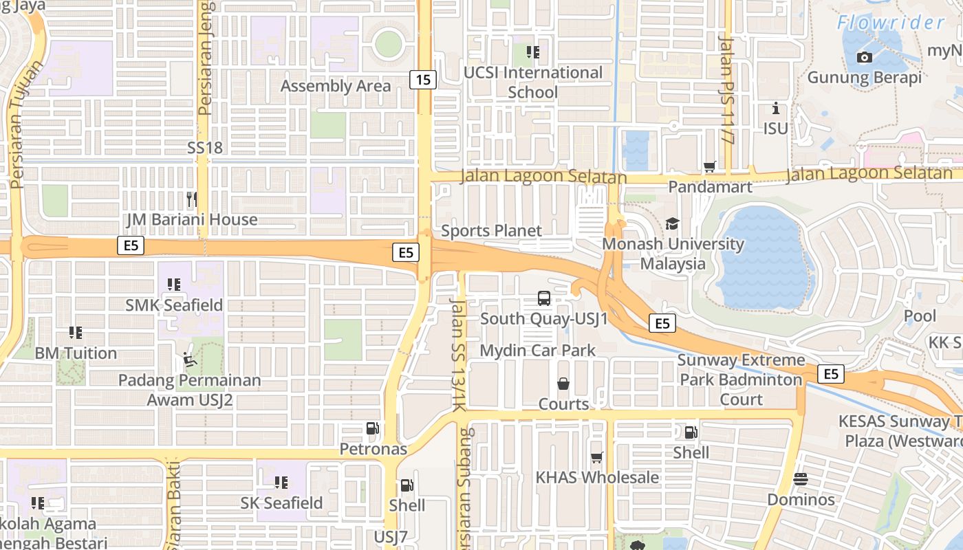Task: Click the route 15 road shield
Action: (x=423, y=80)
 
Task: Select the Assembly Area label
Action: (x=336, y=86)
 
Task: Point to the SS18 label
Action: (x=205, y=148)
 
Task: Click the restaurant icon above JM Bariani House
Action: (x=192, y=199)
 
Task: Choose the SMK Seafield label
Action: (x=174, y=305)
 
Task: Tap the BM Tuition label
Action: (x=76, y=353)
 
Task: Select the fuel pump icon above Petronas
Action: (x=372, y=429)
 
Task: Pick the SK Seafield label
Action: (x=281, y=503)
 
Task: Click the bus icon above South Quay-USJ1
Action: (x=544, y=298)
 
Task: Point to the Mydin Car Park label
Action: (x=538, y=351)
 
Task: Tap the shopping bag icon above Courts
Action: (x=563, y=384)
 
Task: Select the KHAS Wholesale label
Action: (x=597, y=477)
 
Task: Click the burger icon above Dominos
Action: (x=801, y=479)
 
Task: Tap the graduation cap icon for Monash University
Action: (x=672, y=223)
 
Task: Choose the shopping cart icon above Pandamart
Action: (x=710, y=166)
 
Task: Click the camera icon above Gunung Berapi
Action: (x=865, y=57)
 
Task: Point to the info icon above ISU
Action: (x=776, y=109)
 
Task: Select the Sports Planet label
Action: (x=491, y=231)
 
